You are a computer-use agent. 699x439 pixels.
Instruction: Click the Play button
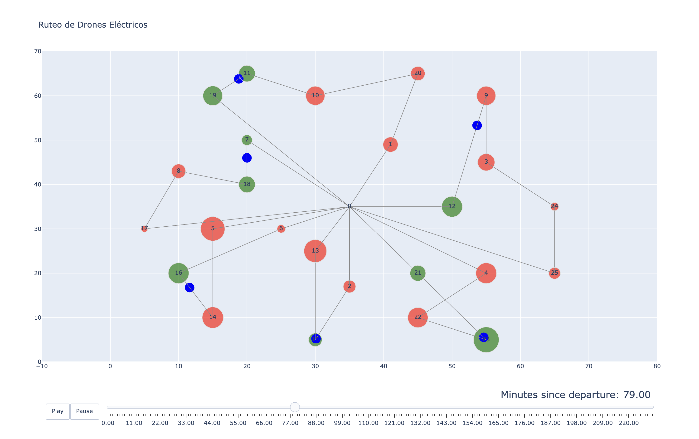(58, 411)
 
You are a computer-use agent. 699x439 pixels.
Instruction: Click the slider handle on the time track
(295, 407)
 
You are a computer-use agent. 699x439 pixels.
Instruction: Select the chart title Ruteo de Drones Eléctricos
(93, 25)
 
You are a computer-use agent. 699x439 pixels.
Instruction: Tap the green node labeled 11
(247, 73)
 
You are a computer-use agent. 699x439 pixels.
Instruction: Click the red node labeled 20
(418, 73)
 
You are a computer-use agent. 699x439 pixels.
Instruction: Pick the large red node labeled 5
(213, 229)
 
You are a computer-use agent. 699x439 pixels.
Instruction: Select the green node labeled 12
(452, 206)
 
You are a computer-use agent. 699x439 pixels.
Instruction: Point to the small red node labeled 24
(554, 206)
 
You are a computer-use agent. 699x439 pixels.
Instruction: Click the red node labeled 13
(315, 251)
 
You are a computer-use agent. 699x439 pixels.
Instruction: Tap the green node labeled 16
(179, 273)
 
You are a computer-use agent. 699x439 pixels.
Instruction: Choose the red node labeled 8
(179, 171)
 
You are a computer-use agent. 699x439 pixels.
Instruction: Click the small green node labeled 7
(247, 140)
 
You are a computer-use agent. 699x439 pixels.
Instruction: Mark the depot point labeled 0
(349, 206)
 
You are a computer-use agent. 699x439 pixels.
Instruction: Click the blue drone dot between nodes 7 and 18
(247, 158)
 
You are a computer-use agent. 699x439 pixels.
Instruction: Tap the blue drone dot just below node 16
(189, 288)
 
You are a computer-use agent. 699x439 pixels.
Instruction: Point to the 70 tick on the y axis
(38, 51)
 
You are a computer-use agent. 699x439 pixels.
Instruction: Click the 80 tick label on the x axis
(657, 366)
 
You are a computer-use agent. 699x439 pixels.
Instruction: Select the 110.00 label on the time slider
(368, 423)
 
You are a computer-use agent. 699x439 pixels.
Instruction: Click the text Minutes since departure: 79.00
(575, 395)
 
